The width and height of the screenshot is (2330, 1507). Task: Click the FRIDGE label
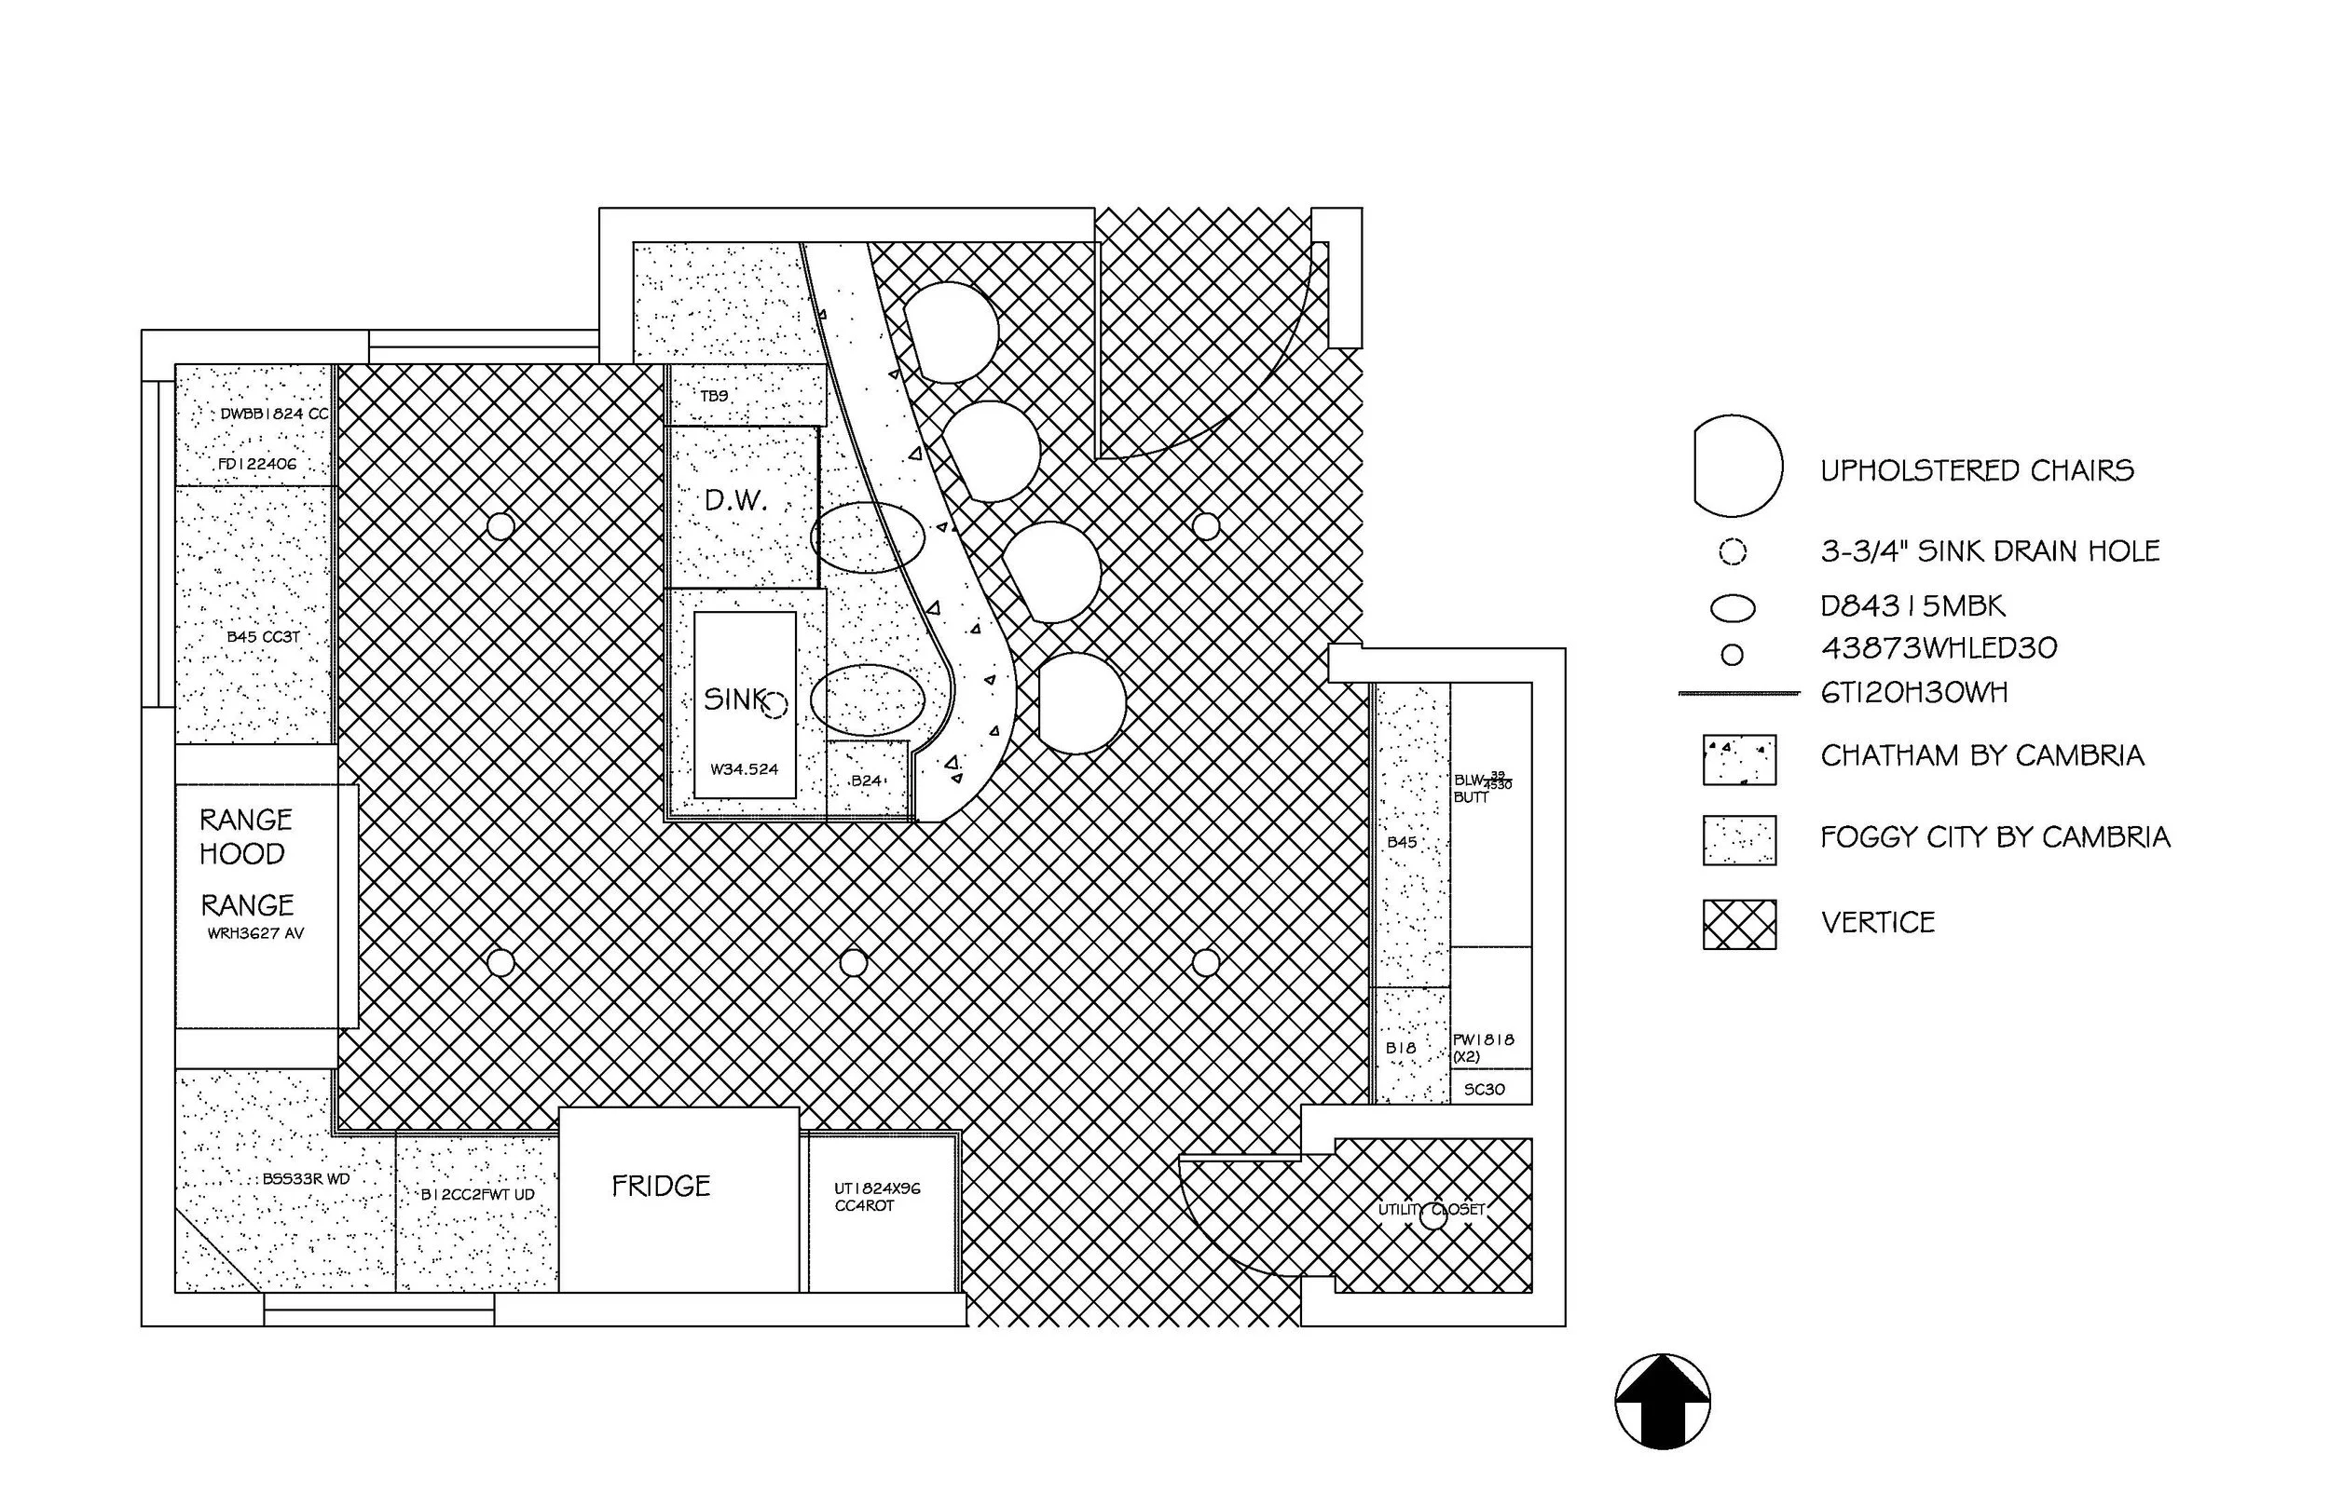(661, 1186)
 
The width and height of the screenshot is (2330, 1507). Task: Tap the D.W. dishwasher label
(735, 501)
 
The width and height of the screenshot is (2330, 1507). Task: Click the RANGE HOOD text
(245, 836)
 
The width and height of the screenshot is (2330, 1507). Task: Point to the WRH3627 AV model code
(255, 933)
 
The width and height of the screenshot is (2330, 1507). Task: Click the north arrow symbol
(1663, 1402)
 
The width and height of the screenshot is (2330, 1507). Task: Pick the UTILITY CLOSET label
(1432, 1210)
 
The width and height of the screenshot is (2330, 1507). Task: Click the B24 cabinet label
(867, 781)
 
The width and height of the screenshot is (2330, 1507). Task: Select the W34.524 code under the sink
(744, 769)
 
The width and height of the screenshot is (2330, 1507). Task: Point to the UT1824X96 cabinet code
(877, 1188)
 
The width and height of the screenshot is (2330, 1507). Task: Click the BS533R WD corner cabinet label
(306, 1179)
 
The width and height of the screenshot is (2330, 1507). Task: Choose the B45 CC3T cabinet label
(263, 637)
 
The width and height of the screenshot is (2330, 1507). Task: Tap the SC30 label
(1484, 1089)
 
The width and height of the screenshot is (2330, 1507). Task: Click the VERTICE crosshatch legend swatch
(1739, 924)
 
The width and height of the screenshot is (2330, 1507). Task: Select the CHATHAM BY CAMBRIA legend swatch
(1739, 760)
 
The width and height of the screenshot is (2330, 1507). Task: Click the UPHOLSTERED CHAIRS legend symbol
(1736, 467)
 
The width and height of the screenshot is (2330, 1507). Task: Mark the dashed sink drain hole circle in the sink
(774, 704)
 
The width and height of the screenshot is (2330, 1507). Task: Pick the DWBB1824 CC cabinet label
(274, 414)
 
